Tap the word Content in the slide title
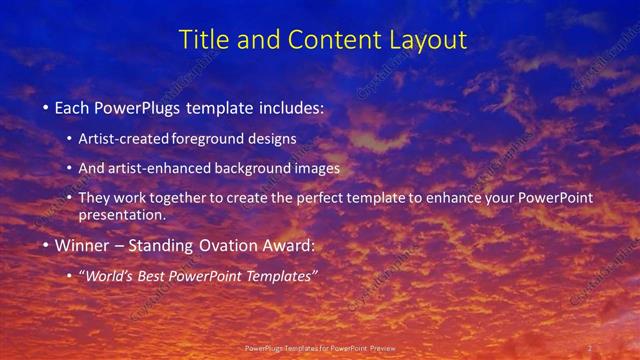[x=327, y=40]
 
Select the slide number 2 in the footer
[x=589, y=348]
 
